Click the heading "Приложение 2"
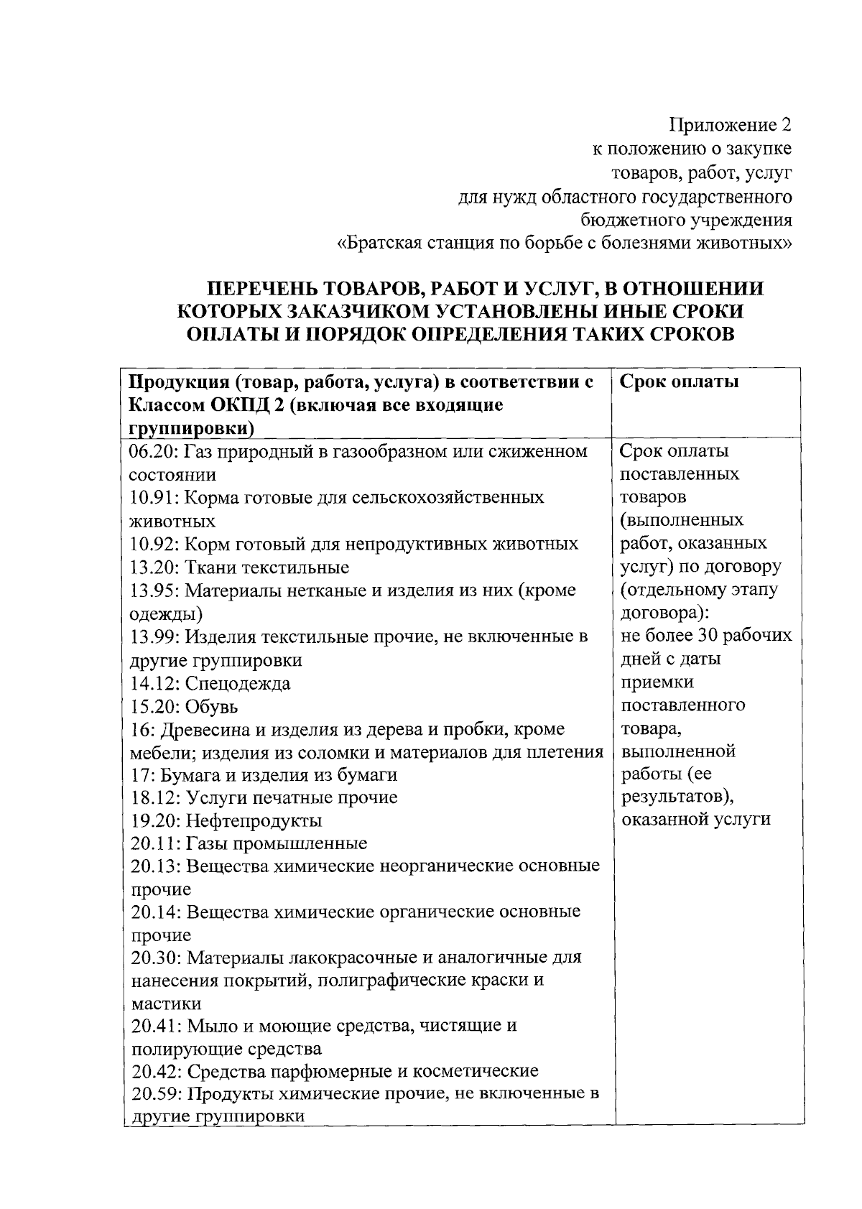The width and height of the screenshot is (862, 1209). coord(730,125)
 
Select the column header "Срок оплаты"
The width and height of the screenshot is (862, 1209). coord(679,381)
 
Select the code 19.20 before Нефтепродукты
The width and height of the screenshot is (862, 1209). coord(155,820)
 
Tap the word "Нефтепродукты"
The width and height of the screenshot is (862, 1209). coord(254,820)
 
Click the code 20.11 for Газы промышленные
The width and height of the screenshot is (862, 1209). coord(155,843)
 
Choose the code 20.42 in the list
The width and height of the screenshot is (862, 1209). coord(155,1072)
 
